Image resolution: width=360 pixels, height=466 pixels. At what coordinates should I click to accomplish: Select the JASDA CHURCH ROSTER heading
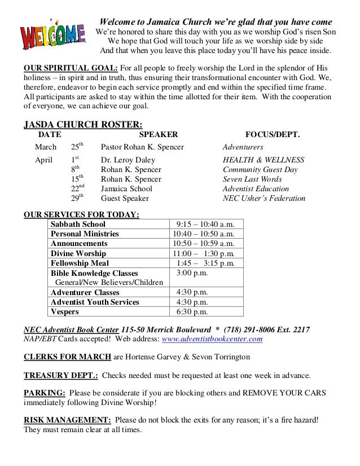click(x=82, y=124)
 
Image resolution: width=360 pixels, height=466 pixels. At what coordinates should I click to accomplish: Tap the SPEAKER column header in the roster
click(x=158, y=135)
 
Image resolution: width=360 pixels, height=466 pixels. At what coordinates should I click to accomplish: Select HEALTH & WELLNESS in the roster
click(x=264, y=160)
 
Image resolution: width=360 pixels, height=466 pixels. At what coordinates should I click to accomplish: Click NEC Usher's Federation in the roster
click(x=264, y=199)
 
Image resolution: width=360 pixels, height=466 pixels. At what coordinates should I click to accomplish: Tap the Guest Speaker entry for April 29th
click(x=125, y=199)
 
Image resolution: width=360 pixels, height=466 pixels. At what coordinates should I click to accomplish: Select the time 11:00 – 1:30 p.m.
click(x=203, y=253)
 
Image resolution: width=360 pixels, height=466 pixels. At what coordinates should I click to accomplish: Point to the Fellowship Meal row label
click(x=80, y=263)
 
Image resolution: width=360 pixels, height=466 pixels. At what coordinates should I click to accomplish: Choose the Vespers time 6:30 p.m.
click(x=192, y=311)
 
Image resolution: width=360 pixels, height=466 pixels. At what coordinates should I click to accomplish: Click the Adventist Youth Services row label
click(x=95, y=302)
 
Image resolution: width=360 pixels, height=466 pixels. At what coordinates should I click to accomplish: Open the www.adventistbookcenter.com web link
click(x=212, y=339)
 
